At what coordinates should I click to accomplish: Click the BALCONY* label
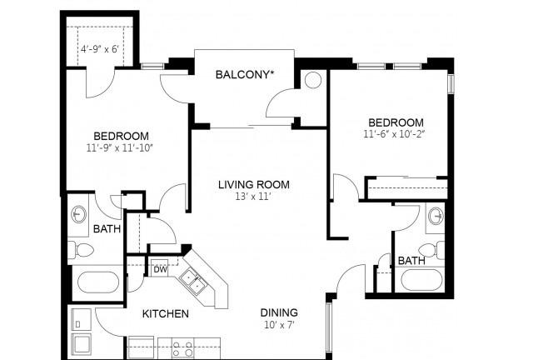(x=245, y=74)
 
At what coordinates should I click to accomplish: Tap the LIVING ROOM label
(x=254, y=185)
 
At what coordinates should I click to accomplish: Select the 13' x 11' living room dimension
(x=253, y=197)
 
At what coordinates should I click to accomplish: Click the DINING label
(x=279, y=312)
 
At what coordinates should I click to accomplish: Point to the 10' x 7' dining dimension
(x=279, y=325)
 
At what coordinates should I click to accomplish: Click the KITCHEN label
(x=165, y=313)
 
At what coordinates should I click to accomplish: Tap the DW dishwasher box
(x=160, y=269)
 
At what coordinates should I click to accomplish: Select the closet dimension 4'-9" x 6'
(x=100, y=49)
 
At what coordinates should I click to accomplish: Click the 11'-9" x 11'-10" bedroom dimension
(x=120, y=148)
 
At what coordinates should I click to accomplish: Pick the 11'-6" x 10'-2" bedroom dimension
(x=394, y=134)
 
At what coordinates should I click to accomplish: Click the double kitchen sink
(x=192, y=281)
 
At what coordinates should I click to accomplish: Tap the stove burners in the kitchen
(x=182, y=348)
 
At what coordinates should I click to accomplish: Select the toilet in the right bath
(x=431, y=250)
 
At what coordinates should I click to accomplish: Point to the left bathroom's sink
(x=78, y=214)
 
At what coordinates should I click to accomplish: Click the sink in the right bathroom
(x=436, y=216)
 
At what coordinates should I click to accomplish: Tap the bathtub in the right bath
(x=422, y=280)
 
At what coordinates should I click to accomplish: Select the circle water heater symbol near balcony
(x=313, y=80)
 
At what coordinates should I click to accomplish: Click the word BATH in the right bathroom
(x=411, y=261)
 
